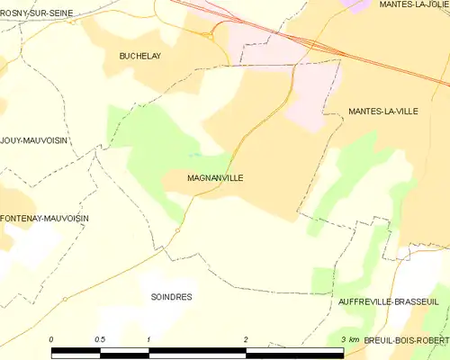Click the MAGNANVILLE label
215,178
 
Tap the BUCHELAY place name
139,56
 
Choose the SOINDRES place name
172,296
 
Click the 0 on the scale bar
52,338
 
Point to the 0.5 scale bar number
99,338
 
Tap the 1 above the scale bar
148,338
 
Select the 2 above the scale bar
245,338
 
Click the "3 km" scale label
350,338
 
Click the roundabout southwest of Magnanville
177,230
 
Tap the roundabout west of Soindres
65,299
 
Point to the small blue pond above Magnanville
197,155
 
